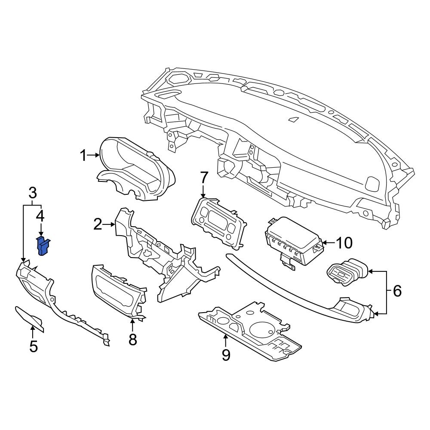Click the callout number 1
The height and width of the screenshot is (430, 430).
[83, 156]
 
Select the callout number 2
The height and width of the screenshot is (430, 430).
[98, 224]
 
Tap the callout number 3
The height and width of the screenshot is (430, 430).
[32, 194]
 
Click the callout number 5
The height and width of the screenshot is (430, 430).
[34, 346]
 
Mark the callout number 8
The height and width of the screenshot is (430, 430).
[132, 339]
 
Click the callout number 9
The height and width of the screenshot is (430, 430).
[225, 354]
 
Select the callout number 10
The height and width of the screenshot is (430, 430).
[344, 243]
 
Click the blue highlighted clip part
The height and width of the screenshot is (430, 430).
[43, 246]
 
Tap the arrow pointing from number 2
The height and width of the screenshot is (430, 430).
[109, 224]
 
